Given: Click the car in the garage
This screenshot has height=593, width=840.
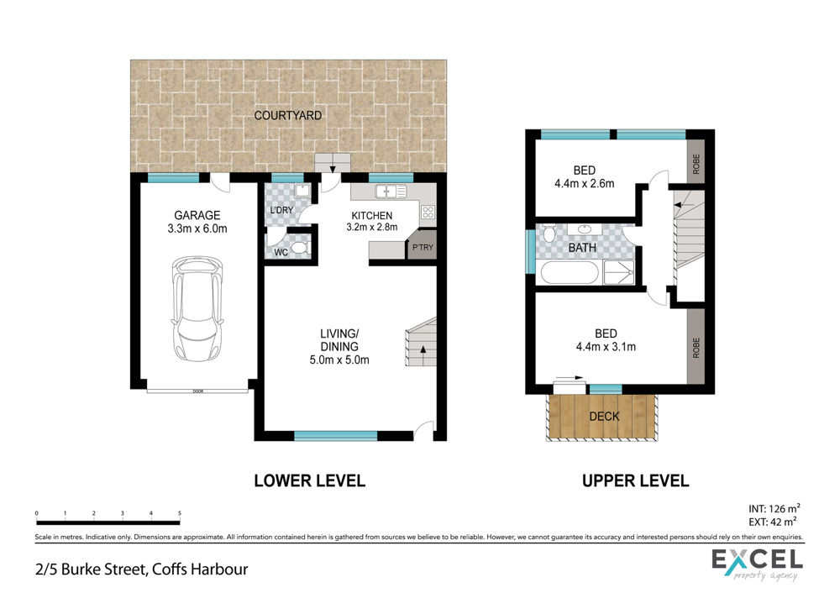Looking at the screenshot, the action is pyautogui.click(x=197, y=311).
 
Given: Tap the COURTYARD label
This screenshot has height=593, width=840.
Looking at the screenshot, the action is pyautogui.click(x=287, y=116).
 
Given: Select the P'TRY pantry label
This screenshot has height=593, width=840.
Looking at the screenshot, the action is pyautogui.click(x=423, y=248).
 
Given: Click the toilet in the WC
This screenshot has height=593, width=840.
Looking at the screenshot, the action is pyautogui.click(x=299, y=248).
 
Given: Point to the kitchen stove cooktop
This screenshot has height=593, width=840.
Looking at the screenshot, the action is pyautogui.click(x=428, y=213).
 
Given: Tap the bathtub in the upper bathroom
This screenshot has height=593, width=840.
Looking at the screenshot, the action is pyautogui.click(x=570, y=273).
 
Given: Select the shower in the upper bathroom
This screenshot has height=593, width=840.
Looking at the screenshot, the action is pyautogui.click(x=619, y=273).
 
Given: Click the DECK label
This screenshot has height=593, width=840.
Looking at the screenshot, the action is pyautogui.click(x=604, y=417).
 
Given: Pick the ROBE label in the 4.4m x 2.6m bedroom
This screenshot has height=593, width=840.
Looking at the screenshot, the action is pyautogui.click(x=696, y=164).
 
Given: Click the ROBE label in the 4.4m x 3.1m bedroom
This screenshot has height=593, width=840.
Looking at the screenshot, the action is pyautogui.click(x=696, y=348).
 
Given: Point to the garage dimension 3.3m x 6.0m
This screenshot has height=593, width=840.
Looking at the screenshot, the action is pyautogui.click(x=197, y=228).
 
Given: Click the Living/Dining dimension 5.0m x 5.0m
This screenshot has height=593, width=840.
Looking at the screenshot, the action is pyautogui.click(x=339, y=360).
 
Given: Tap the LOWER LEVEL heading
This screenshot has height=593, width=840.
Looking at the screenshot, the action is pyautogui.click(x=310, y=481).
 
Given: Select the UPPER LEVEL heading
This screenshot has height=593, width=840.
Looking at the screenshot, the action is pyautogui.click(x=635, y=481).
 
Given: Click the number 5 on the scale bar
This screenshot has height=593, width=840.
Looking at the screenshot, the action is pyautogui.click(x=180, y=513).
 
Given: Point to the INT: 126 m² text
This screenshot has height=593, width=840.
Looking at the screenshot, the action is pyautogui.click(x=774, y=508).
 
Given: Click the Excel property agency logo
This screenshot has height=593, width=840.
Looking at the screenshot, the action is pyautogui.click(x=757, y=564).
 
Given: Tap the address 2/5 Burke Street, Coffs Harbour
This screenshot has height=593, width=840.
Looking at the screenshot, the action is pyautogui.click(x=141, y=569).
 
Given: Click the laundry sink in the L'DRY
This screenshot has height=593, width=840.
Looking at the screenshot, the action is pyautogui.click(x=302, y=191).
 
